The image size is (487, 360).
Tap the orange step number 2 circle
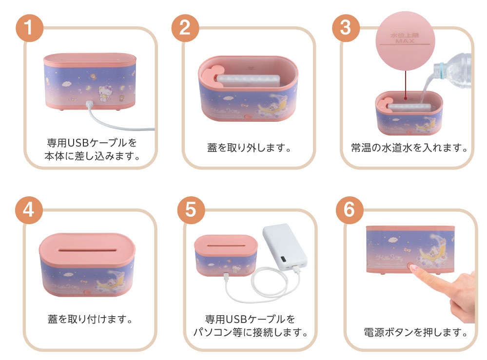[x=185, y=28]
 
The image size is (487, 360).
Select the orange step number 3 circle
[x=345, y=28]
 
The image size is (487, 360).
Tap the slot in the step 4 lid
[x=86, y=248]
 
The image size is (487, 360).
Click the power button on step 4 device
[x=86, y=294]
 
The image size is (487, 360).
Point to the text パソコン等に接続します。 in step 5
[x=250, y=333]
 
